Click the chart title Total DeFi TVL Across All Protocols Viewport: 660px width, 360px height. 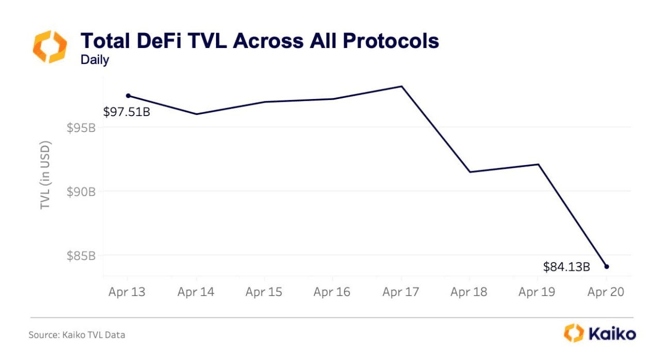coord(259,41)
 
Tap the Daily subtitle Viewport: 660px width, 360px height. coord(95,60)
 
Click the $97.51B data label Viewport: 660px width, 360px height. coord(126,111)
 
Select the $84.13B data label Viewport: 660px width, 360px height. coord(566,267)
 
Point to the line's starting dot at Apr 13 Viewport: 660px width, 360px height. coord(128,95)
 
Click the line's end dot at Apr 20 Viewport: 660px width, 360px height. coord(606,267)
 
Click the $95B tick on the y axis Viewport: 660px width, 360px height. coord(81,127)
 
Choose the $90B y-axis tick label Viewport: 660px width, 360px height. coord(81,192)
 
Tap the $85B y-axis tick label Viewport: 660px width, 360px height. coord(81,256)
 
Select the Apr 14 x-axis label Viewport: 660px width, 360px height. coord(195,292)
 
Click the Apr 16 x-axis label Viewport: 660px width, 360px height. coord(332,292)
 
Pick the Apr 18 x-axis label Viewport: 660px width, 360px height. coord(469,292)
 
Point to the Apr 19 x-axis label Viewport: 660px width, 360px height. coord(537,292)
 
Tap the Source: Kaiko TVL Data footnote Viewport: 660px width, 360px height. coord(77,335)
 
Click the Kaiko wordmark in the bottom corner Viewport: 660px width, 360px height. coord(612,333)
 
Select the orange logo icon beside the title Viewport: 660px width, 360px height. coord(50,46)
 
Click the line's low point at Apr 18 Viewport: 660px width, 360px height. coord(470,172)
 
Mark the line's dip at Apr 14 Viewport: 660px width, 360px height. coord(196,114)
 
